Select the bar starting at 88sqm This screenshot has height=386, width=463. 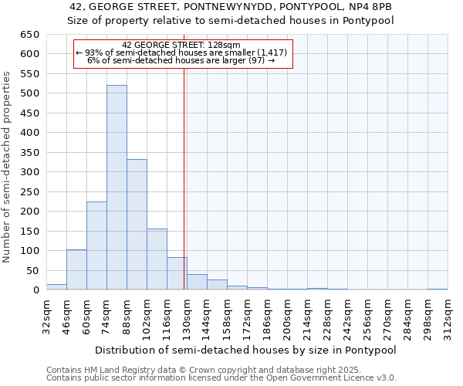click(137, 225)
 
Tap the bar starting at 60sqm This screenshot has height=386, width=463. click(96, 245)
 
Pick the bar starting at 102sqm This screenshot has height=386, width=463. click(157, 259)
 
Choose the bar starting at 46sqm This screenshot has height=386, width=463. click(76, 269)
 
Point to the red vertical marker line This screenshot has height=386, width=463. click(184, 178)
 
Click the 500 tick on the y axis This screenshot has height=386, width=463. click(30, 93)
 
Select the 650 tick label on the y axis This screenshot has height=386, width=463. click(30, 35)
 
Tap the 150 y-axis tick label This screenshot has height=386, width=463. click(30, 231)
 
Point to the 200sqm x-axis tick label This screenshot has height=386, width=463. click(288, 316)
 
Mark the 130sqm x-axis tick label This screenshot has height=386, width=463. click(188, 316)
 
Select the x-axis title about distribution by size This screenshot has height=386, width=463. click(247, 350)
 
